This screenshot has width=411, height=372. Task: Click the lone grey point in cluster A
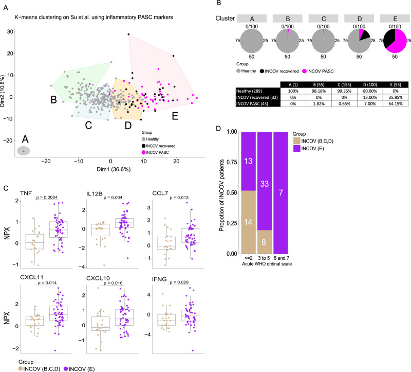coord(24,151)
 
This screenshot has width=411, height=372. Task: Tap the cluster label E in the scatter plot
coord(175,116)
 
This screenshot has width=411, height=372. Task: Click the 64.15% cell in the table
coord(395,104)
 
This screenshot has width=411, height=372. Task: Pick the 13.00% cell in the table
coord(370,97)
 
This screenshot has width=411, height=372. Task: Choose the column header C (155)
coord(344,85)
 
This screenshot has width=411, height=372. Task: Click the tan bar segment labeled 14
coord(248,222)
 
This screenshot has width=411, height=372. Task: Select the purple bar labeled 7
coord(281,193)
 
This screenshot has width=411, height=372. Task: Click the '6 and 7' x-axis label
coord(281,258)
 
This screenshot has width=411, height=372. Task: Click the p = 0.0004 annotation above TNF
coord(47,197)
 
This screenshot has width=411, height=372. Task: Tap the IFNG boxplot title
coord(159,279)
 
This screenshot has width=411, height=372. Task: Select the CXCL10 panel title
coord(98,278)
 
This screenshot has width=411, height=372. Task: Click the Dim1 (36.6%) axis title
coord(114,169)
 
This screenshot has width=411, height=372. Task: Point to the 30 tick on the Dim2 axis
coord(10,31)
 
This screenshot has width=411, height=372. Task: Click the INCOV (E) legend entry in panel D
coord(308,149)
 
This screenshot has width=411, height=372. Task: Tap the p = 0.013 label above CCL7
coord(179,197)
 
